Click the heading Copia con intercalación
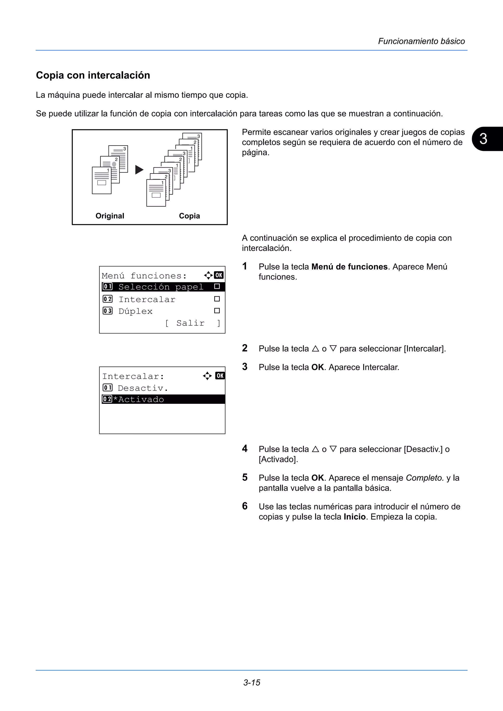pos(93,75)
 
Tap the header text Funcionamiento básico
pos(421,41)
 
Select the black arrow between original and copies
pos(139,170)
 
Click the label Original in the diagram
pos(110,216)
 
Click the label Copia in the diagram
pos(189,216)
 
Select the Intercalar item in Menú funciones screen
pos(147,300)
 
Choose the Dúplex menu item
pos(135,311)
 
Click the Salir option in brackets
pos(190,323)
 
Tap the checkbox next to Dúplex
pos(217,311)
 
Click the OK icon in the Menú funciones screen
pos(219,275)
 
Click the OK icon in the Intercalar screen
pos(220,376)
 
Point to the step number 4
pos(245,448)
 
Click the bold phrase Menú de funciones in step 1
pos(349,267)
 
